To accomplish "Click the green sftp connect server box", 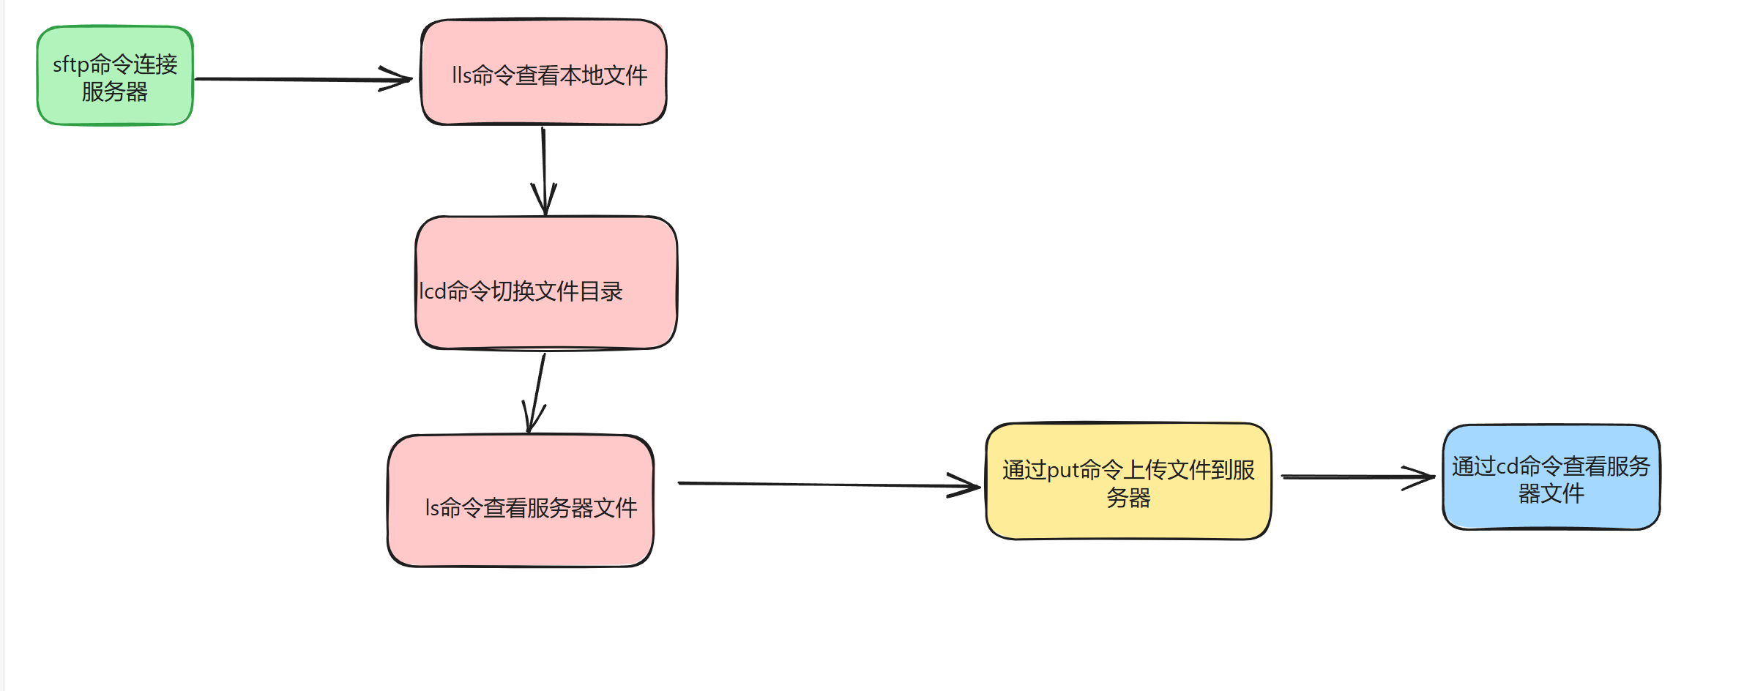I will [x=115, y=75].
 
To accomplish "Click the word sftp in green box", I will [x=70, y=65].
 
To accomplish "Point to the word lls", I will [x=461, y=75].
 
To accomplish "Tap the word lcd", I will [x=433, y=291].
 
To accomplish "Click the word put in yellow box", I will [x=1062, y=470].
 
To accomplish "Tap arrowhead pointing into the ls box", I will [x=532, y=422].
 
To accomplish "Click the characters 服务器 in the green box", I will [x=114, y=92].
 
